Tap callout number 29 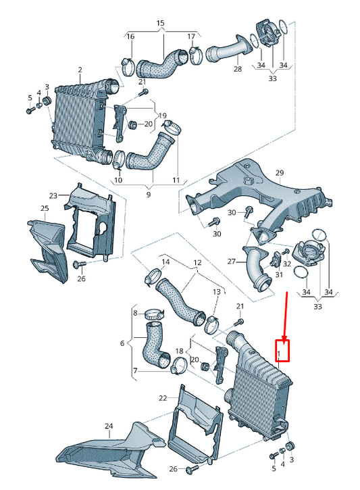tap(280, 172)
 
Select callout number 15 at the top tap(160, 23)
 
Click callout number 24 tap(109, 426)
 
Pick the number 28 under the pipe tap(238, 68)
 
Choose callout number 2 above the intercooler tap(80, 70)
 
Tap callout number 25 tap(45, 207)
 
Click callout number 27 tap(232, 261)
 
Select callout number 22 tap(163, 398)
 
